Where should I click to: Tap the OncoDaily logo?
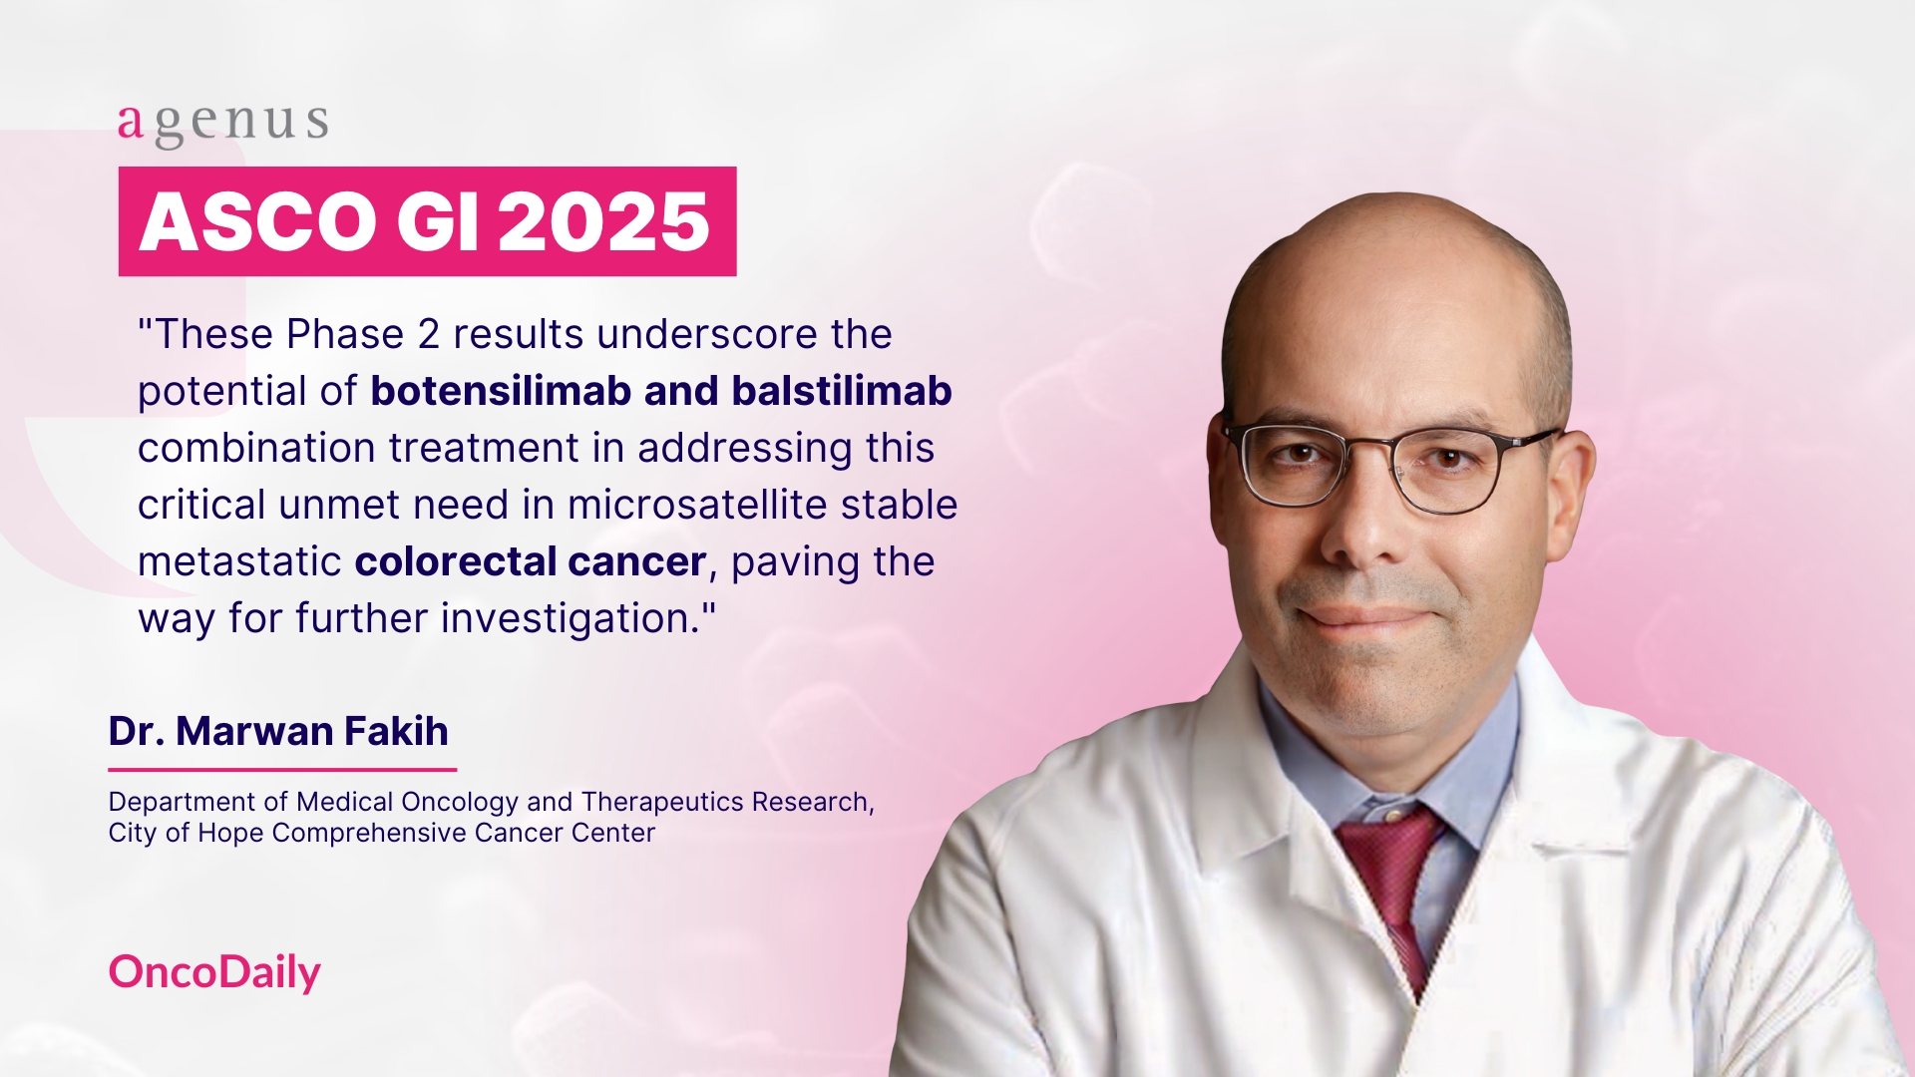coord(214,972)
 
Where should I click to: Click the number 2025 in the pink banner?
coord(603,221)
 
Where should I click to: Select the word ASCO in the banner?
coord(257,221)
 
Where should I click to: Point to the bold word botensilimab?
coord(501,391)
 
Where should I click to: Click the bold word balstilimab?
coord(842,391)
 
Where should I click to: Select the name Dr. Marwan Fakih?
coord(278,731)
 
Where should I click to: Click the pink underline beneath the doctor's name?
coord(282,770)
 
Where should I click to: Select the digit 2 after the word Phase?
coord(429,335)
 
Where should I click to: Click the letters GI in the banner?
coord(437,221)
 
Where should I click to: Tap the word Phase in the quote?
coord(345,335)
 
